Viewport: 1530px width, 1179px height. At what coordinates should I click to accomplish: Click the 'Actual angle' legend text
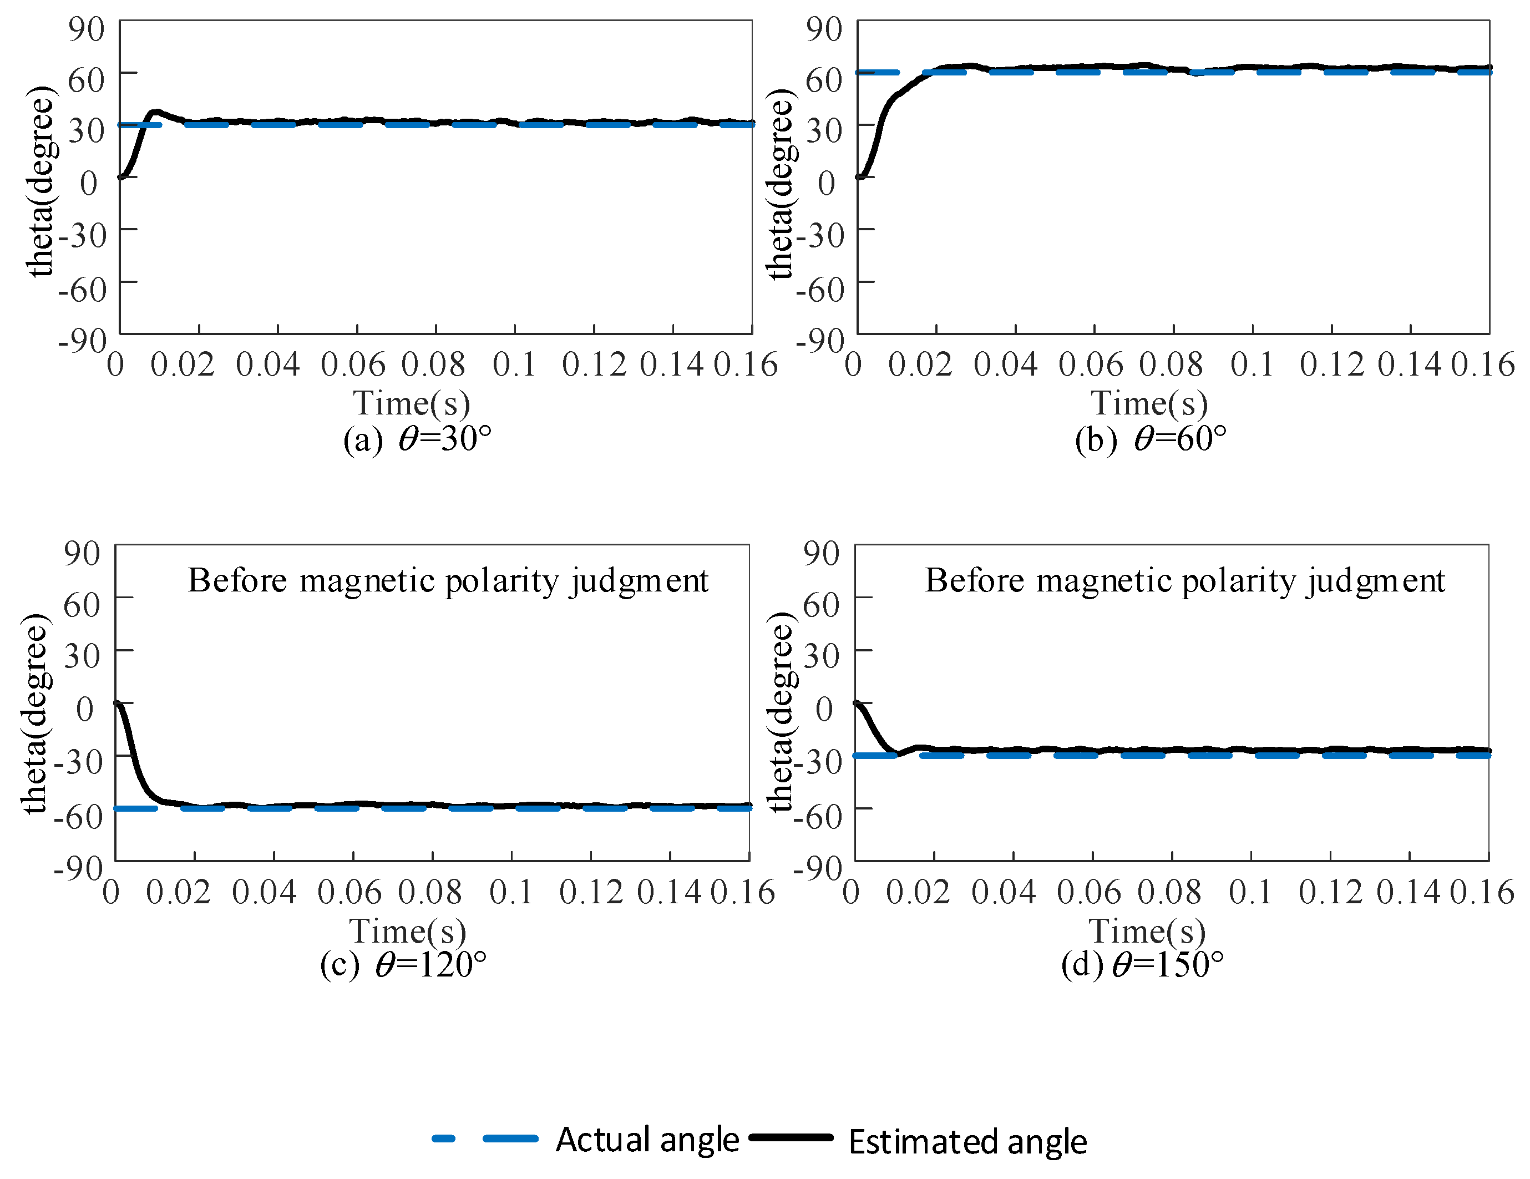(x=647, y=1140)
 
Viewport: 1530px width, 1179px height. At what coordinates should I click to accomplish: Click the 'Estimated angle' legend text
(x=967, y=1141)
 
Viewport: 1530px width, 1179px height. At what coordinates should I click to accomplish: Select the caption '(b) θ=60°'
(x=1151, y=439)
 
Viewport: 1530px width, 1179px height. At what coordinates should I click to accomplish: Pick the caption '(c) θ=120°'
(x=403, y=965)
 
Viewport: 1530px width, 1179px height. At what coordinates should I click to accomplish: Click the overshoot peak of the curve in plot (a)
(x=155, y=112)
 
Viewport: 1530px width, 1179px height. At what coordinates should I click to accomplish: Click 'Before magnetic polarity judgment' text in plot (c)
(x=448, y=581)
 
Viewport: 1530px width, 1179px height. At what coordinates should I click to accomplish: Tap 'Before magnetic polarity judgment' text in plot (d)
(x=1184, y=581)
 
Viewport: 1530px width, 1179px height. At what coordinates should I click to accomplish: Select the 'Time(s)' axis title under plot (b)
(x=1149, y=403)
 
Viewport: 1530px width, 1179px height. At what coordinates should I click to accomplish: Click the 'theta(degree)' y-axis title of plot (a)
(x=40, y=182)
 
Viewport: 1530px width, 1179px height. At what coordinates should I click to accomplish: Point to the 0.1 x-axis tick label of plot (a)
(x=514, y=365)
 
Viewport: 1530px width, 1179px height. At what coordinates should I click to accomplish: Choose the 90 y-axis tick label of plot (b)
(x=824, y=29)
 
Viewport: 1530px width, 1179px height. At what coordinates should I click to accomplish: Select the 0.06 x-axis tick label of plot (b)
(x=1090, y=365)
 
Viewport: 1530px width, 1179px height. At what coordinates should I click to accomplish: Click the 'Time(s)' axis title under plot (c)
(x=408, y=931)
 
